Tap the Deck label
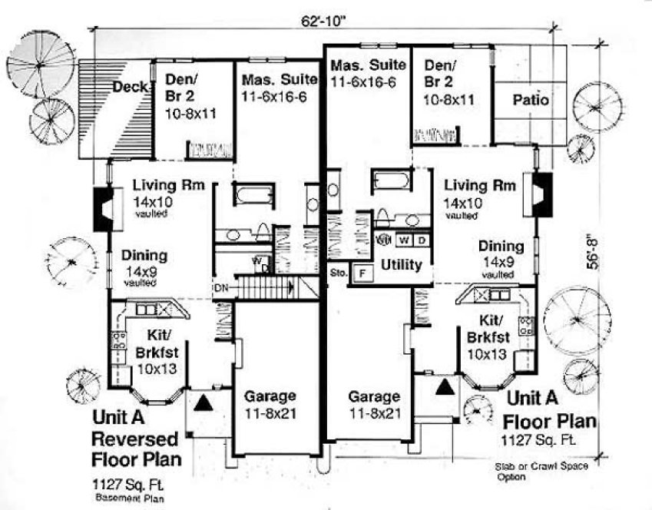(130, 88)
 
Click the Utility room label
(401, 265)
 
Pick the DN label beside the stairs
(220, 288)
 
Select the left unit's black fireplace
(104, 208)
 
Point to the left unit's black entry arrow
(204, 400)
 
